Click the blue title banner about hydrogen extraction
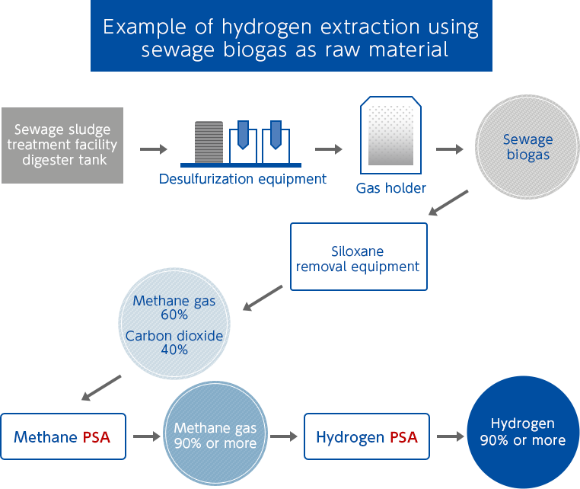291,37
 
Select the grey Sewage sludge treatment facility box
62,145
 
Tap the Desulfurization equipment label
243,180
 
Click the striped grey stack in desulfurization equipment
205,142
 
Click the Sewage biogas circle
527,147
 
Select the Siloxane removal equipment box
358,258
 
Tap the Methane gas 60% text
174,307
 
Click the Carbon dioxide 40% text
174,343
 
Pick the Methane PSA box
62,437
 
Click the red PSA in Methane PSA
96,437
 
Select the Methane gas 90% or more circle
215,436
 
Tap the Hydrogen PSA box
366,437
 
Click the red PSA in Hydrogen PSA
403,437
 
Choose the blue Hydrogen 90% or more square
522,432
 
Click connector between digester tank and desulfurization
153,149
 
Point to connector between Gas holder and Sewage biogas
449,149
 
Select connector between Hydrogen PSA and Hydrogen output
450,436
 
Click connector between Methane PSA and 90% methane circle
147,436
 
